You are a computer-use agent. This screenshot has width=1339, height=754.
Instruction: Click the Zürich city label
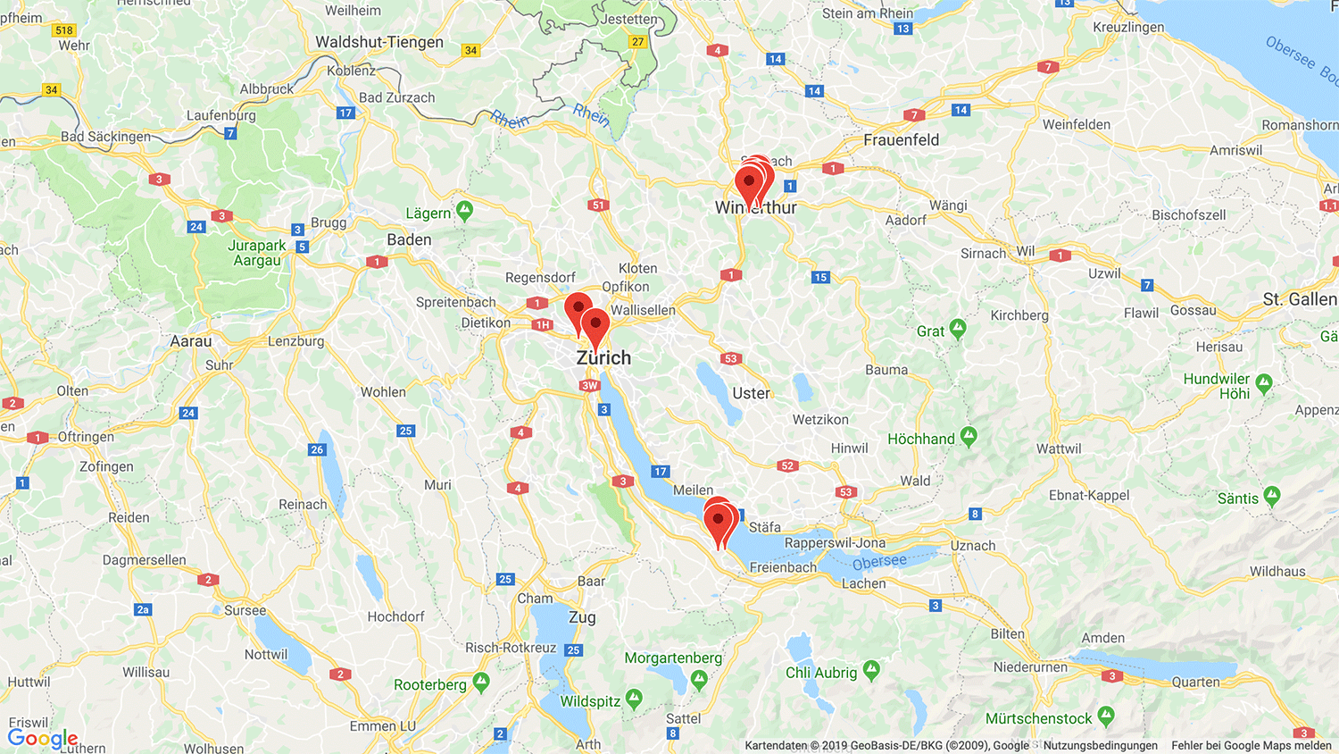pos(603,357)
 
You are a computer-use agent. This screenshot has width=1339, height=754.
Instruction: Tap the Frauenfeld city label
pos(901,139)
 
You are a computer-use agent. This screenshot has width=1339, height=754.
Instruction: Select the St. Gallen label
pos(1299,299)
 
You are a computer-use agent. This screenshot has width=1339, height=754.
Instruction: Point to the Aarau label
pos(191,341)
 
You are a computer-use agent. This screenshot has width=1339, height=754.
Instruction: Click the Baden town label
pos(409,239)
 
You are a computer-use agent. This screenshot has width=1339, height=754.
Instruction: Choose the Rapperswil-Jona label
pos(835,542)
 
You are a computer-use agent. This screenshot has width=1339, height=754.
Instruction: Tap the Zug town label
pos(582,617)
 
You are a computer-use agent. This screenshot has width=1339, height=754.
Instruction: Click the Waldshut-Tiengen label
pos(378,42)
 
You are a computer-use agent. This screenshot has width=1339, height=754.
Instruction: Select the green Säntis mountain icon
pos(1272,495)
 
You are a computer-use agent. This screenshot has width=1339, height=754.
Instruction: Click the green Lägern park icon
pos(464,210)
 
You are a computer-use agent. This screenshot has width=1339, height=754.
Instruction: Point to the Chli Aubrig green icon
pos(871,669)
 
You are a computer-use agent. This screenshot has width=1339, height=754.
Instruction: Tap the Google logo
pos(42,738)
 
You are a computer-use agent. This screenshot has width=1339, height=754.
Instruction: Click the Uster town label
pos(751,393)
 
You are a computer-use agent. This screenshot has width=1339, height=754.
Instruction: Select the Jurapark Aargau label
pos(257,253)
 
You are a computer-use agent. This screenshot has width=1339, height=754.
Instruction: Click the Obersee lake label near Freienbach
pos(879,562)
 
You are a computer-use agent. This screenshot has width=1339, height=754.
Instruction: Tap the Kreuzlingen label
pos(1128,27)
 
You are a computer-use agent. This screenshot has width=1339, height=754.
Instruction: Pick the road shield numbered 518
pos(64,30)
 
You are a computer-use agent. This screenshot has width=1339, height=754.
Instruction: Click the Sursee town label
pos(245,610)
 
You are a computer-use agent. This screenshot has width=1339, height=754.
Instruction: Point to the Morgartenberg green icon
pos(699,680)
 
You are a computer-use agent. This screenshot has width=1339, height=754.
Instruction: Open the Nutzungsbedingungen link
pos(1100,745)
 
